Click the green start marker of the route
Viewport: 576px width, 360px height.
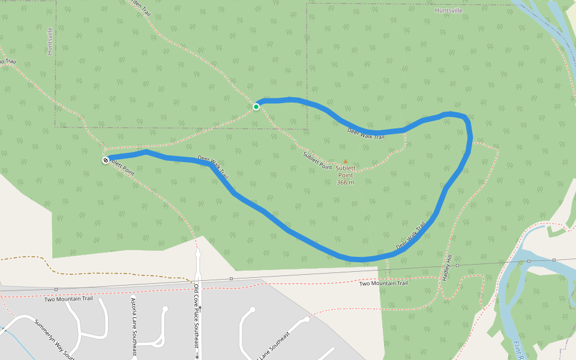256,107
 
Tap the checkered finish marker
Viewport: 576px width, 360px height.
106,160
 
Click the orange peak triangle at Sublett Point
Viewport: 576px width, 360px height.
345,161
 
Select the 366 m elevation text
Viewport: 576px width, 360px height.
345,182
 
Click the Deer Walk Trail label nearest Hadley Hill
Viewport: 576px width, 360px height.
411,236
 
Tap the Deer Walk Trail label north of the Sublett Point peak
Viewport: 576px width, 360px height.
365,133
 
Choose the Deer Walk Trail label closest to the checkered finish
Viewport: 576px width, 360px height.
213,167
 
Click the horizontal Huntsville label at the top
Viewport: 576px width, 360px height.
449,10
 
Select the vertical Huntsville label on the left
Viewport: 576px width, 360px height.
50,41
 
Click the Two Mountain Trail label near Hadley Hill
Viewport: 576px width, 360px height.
383,283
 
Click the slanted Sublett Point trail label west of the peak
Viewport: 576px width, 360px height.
317,160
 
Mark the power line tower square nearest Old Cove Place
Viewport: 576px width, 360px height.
231,278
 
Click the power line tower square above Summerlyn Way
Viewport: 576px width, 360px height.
56,289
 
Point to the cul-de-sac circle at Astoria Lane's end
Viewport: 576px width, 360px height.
166,310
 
